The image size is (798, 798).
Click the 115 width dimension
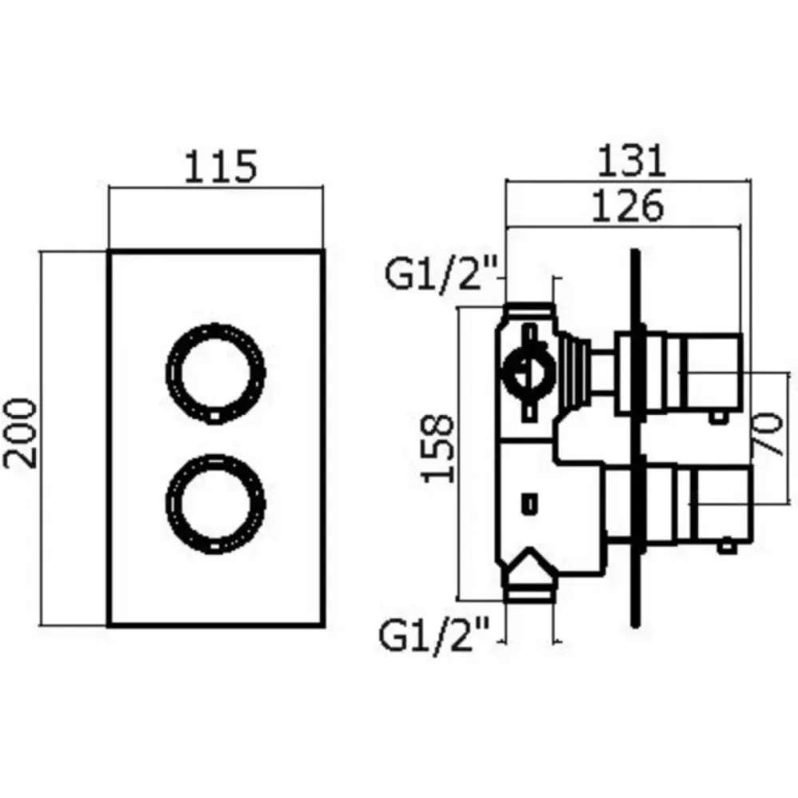click(220, 166)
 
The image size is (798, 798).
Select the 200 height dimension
click(21, 433)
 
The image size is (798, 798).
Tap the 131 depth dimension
click(630, 160)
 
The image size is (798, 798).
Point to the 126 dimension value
click(628, 206)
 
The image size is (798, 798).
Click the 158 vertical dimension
click(437, 448)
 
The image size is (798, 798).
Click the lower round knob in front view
click(215, 456)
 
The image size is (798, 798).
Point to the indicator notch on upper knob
click(215, 417)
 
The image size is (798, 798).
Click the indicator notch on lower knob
click(215, 547)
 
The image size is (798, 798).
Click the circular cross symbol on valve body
click(530, 372)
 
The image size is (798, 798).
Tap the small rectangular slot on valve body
click(530, 504)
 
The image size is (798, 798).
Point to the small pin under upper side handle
click(718, 418)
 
